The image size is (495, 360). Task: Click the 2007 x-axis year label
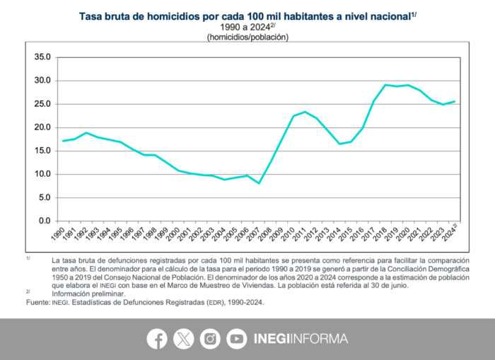point(259,234)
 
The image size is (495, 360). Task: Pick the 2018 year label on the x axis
point(385,234)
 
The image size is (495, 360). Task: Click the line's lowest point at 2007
point(259,183)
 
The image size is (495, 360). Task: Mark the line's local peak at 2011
point(305,112)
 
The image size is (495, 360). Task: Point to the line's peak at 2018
point(385,85)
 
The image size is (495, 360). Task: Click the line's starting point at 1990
point(63,141)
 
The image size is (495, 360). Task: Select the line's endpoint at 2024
point(454,102)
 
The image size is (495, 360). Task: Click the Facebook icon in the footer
point(157,339)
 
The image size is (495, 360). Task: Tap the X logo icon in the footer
point(183,339)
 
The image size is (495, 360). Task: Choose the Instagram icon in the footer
point(210,339)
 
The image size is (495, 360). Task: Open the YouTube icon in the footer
point(236,339)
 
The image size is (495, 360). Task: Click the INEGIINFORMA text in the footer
point(300,339)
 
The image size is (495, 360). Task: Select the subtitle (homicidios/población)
point(248,37)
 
